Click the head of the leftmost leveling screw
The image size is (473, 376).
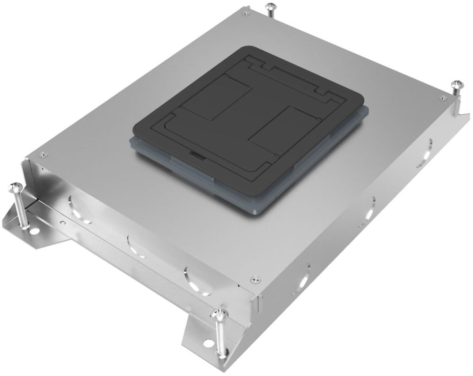pyautogui.click(x=13, y=188)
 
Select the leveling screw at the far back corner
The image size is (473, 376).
pyautogui.click(x=271, y=7)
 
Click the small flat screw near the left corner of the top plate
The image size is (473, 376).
pyautogui.click(x=43, y=154)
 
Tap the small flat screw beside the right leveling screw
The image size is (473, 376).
pyautogui.click(x=442, y=98)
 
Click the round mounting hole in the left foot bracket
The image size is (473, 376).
pyautogui.click(x=35, y=232)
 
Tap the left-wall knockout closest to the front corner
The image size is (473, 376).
pyautogui.click(x=194, y=279)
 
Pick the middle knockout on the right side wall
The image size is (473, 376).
pyautogui.click(x=369, y=210)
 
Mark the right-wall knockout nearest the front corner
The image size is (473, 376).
pyautogui.click(x=303, y=277)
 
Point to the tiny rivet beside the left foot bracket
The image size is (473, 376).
pyautogui.click(x=62, y=221)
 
